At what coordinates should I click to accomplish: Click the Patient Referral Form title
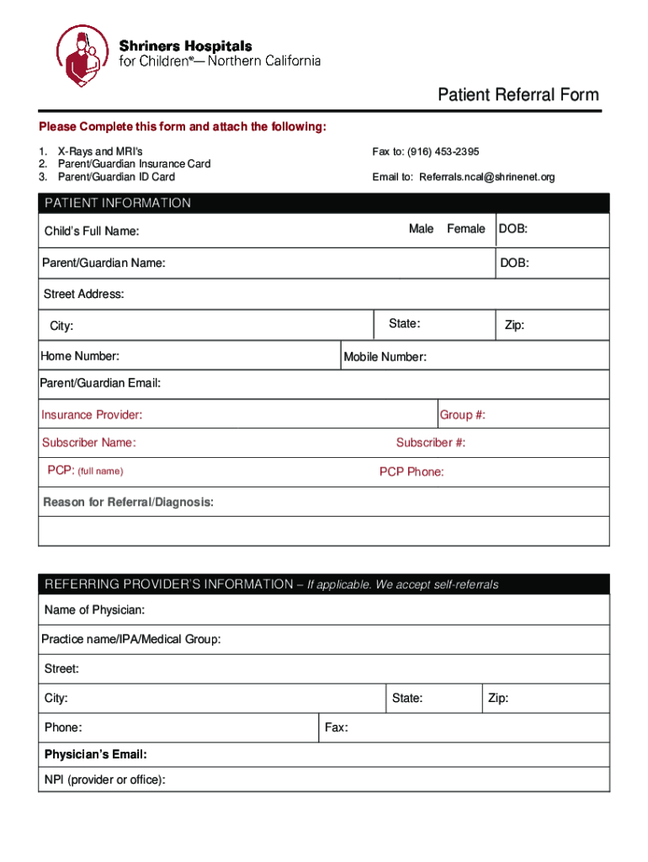518,94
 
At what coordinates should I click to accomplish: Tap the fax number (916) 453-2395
443,152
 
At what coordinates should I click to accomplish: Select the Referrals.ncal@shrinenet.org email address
487,178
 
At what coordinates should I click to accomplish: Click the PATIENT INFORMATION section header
118,203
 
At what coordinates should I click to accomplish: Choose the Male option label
421,229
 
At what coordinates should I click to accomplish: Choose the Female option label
466,229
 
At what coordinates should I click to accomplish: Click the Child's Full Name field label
92,231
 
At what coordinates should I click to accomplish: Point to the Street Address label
84,294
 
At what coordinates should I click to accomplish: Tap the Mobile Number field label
385,357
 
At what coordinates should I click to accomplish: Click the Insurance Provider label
92,415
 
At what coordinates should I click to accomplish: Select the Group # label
463,415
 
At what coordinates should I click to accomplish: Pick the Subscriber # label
431,443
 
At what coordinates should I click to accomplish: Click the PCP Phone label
412,472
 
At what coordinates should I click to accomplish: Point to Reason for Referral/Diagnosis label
129,503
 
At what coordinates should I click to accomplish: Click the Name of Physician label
94,609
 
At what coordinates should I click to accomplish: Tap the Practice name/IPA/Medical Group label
131,640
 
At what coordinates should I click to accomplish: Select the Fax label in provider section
337,727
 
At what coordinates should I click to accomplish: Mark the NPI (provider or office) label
104,780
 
